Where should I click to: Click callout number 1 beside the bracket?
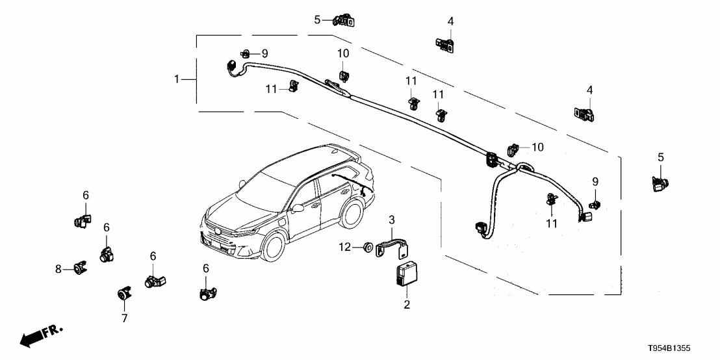[176, 79]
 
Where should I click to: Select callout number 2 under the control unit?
[407, 303]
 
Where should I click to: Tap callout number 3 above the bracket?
[392, 218]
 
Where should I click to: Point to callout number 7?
[124, 318]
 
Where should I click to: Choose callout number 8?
[58, 268]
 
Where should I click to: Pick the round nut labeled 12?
[368, 247]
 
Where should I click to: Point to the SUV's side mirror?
[298, 209]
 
